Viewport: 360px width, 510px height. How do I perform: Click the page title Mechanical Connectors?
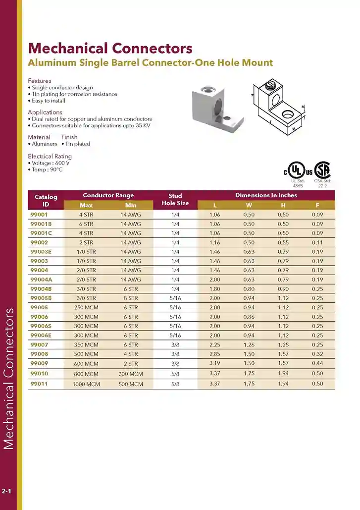pyautogui.click(x=110, y=48)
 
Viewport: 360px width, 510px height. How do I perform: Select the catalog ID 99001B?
pyautogui.click(x=41, y=224)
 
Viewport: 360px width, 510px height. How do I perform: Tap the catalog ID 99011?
pyautogui.click(x=39, y=384)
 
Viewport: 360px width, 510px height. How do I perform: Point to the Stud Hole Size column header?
pyautogui.click(x=175, y=200)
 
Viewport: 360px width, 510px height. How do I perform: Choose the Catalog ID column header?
pyautogui.click(x=46, y=200)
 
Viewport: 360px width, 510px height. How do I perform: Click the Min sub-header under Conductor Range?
pyautogui.click(x=131, y=205)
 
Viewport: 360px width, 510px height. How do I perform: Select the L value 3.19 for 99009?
pyautogui.click(x=215, y=363)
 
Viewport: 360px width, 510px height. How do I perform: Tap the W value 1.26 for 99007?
pyautogui.click(x=249, y=344)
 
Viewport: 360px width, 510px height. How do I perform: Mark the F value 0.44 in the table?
pyautogui.click(x=317, y=363)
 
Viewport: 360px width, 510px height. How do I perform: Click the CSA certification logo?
pyautogui.click(x=323, y=170)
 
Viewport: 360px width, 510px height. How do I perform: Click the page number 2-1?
pyautogui.click(x=7, y=491)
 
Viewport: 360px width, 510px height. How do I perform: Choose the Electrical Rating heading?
pyautogui.click(x=50, y=156)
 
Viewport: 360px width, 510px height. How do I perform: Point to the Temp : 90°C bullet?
pyautogui.click(x=46, y=170)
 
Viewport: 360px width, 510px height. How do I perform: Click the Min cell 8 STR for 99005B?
pyautogui.click(x=131, y=298)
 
